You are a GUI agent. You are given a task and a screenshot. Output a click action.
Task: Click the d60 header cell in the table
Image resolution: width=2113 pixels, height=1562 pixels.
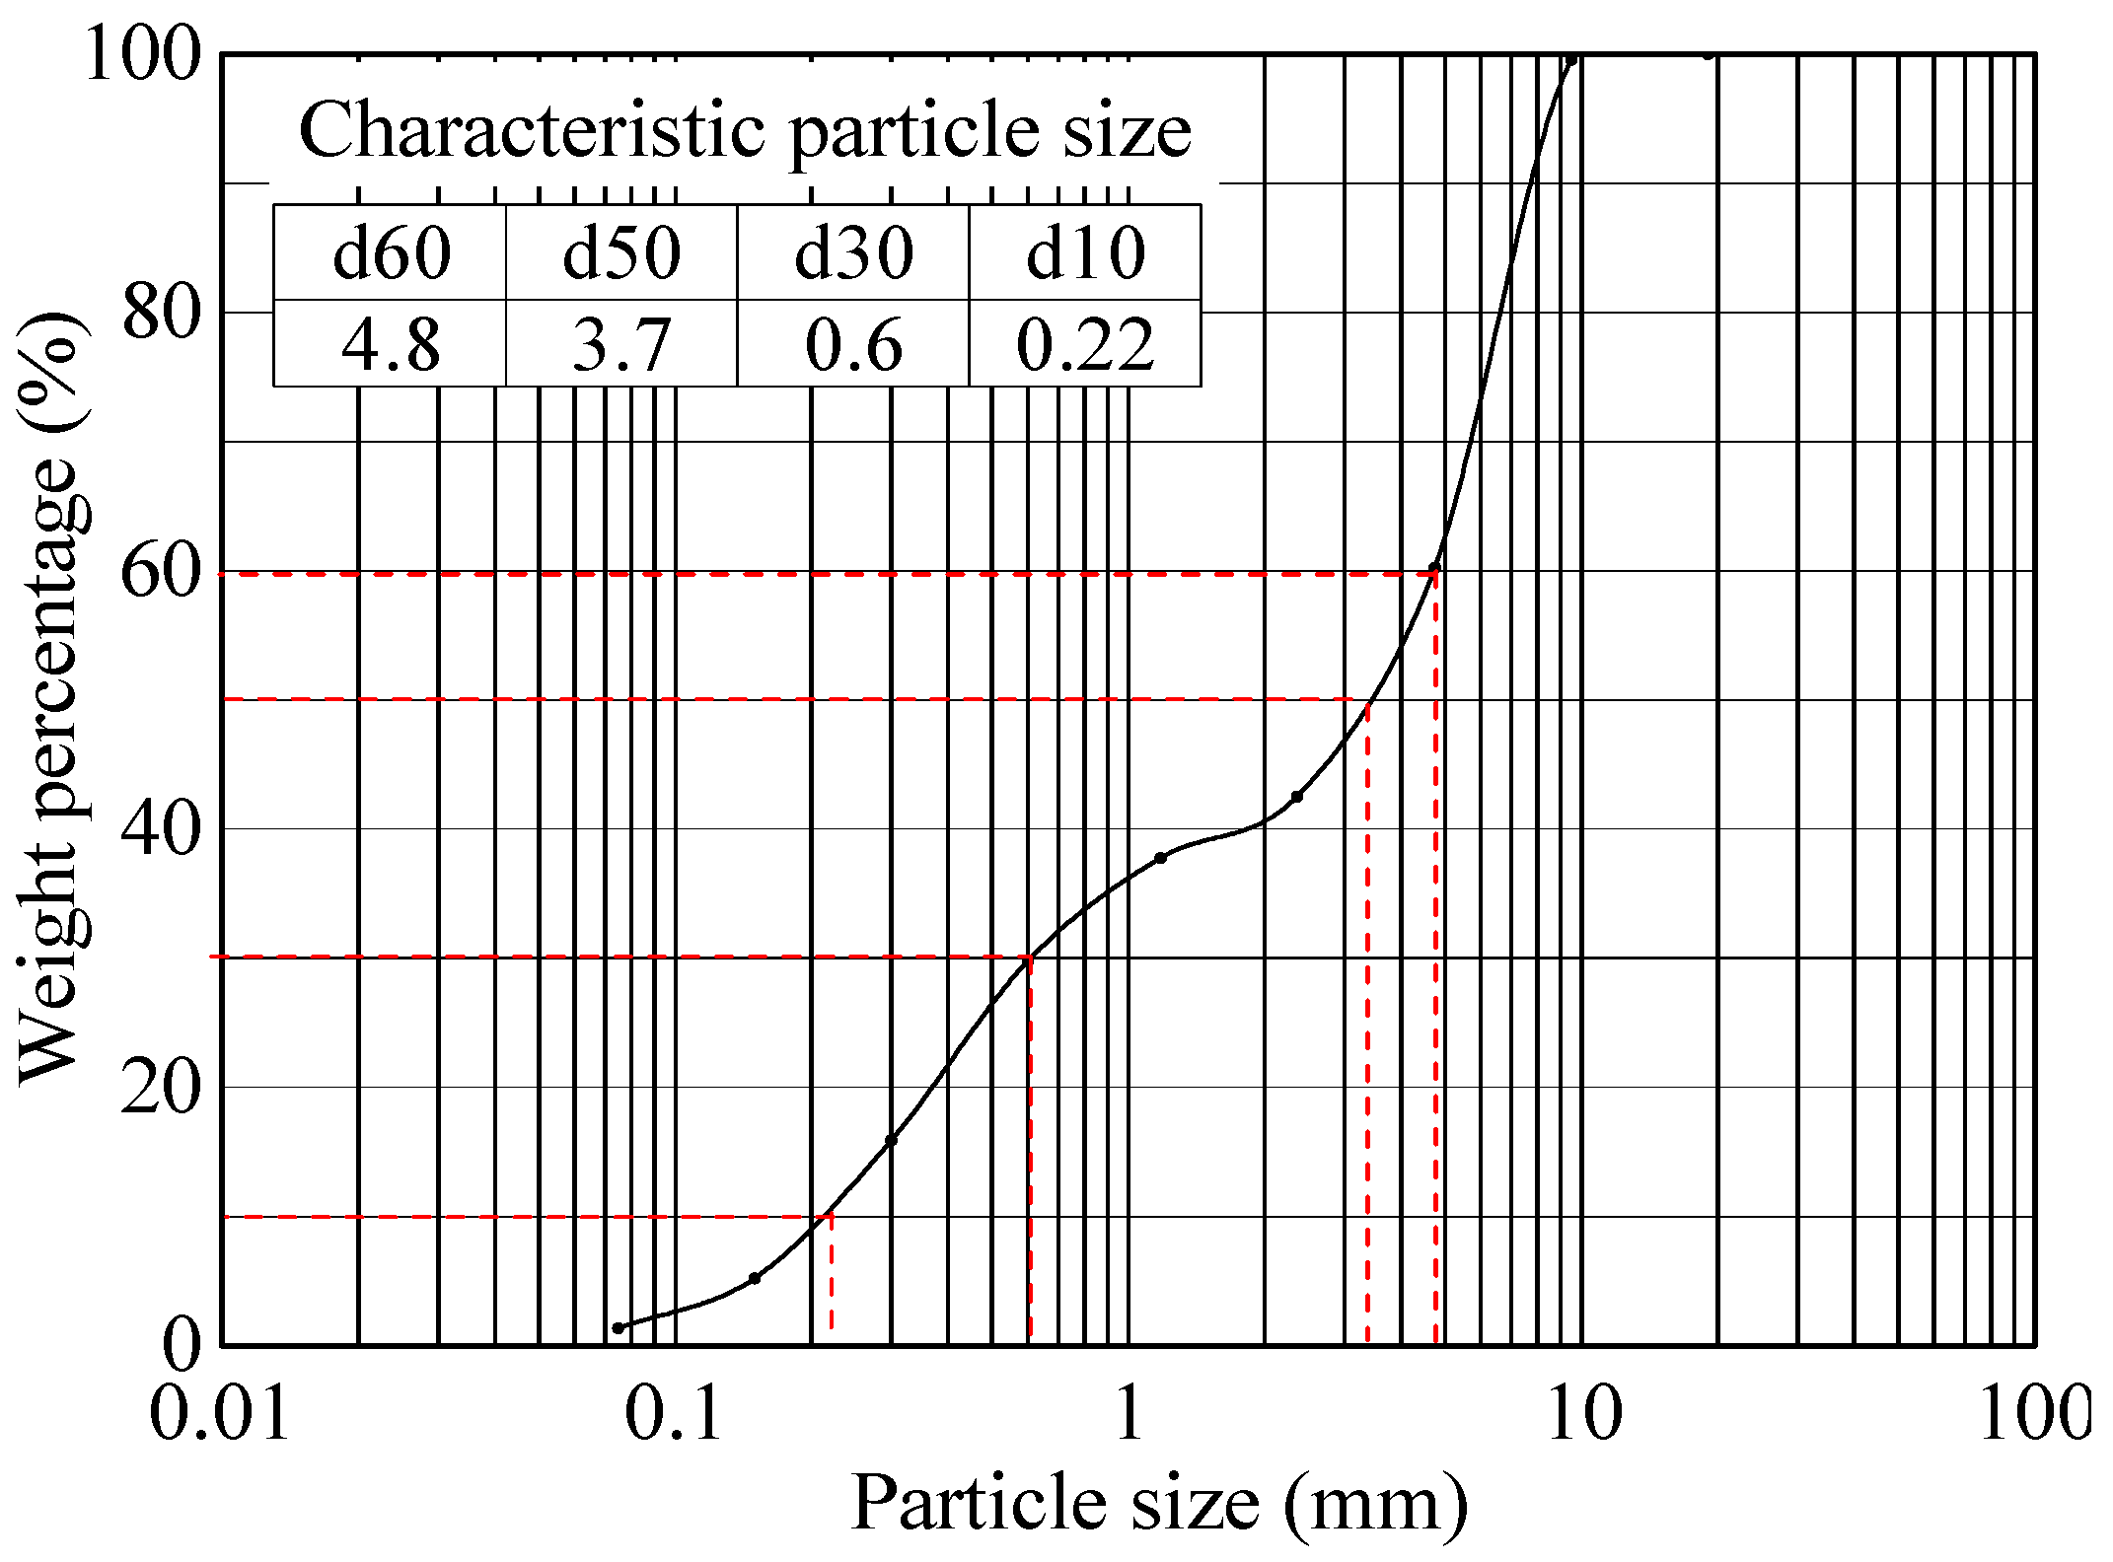click(391, 253)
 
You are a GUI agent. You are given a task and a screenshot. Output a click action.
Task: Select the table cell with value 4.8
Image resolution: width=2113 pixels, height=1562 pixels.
click(391, 345)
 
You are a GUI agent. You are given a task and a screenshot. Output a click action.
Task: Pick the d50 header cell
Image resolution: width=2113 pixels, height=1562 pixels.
click(621, 253)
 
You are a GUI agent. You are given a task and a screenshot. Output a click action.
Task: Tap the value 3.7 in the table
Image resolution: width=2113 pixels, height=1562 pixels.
click(621, 345)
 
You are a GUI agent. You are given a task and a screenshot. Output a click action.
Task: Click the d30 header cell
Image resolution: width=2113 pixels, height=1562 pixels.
click(853, 253)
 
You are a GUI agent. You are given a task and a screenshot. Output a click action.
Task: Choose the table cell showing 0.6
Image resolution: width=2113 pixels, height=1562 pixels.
click(853, 345)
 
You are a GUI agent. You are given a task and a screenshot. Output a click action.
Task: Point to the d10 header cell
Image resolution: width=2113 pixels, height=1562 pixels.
click(1085, 253)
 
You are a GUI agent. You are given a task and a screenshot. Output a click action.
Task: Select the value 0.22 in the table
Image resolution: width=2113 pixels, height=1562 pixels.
click(1085, 345)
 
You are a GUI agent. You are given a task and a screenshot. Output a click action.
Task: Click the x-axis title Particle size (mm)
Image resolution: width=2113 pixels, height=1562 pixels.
click(1159, 1503)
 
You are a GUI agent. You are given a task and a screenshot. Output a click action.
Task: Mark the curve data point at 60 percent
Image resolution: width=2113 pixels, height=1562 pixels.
click(1434, 568)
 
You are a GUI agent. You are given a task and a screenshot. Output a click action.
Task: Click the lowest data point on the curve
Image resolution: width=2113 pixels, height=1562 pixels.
click(619, 1328)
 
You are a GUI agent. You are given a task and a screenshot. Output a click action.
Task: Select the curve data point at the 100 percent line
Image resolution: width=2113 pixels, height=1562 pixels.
click(1571, 60)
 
